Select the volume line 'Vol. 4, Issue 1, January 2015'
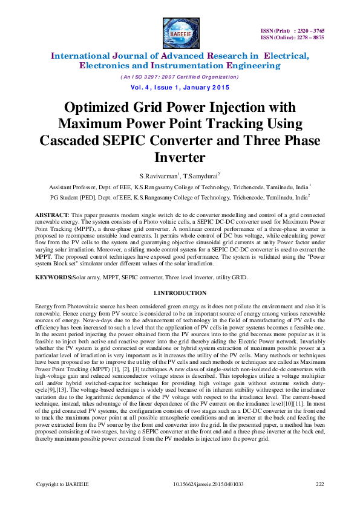click(180, 87)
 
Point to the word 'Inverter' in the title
click(180, 157)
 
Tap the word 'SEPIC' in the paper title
click(174, 140)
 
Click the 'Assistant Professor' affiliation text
click(74, 187)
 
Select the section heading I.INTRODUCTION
click(180, 293)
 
